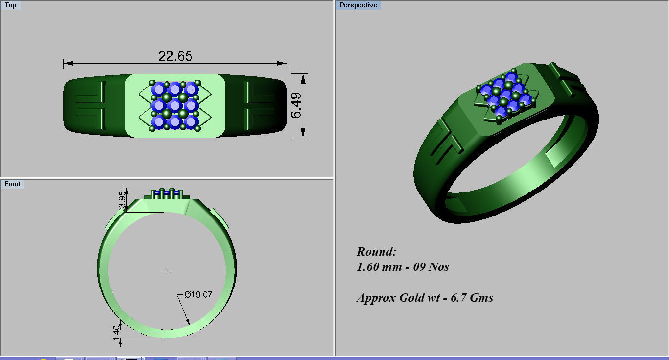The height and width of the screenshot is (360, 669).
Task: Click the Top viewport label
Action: pos(10,5)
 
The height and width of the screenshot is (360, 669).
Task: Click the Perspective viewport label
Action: pos(358,5)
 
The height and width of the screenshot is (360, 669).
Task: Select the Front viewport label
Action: pos(13,184)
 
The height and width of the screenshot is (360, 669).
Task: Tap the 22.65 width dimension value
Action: pos(175,56)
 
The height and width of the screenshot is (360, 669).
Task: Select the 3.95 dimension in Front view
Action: pos(122,200)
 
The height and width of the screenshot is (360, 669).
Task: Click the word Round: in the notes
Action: pos(376,252)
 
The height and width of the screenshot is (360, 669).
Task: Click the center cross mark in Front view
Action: pos(167,271)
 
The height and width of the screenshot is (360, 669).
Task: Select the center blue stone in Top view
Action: pos(175,105)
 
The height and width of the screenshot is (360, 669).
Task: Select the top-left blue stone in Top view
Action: pos(158,89)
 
